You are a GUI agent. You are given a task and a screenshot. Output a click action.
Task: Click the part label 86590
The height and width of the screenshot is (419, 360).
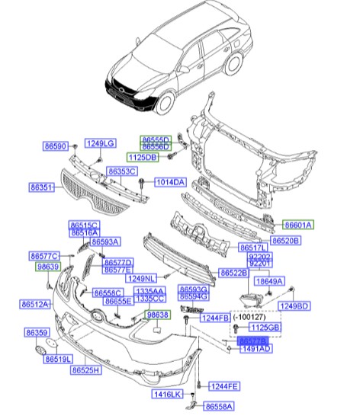tap(56, 145)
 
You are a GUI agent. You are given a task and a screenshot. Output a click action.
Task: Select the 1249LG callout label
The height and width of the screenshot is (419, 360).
tap(99, 143)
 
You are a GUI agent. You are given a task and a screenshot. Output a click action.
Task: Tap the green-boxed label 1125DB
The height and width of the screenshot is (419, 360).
tap(143, 157)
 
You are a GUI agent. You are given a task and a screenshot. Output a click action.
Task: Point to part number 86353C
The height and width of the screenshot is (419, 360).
tap(121, 171)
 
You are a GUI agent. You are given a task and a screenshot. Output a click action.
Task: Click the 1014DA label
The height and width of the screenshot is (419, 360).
tap(171, 182)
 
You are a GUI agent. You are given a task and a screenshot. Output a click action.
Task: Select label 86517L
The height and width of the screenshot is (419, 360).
tap(253, 248)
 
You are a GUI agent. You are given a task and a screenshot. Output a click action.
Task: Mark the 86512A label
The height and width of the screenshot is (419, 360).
tap(35, 304)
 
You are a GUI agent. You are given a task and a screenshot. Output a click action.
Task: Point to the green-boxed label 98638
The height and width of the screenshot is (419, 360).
tap(157, 315)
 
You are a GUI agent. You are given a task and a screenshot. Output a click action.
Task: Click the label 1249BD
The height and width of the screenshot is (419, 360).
tap(294, 305)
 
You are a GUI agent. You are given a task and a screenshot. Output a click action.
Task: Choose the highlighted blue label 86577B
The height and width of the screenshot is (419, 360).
tap(253, 342)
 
